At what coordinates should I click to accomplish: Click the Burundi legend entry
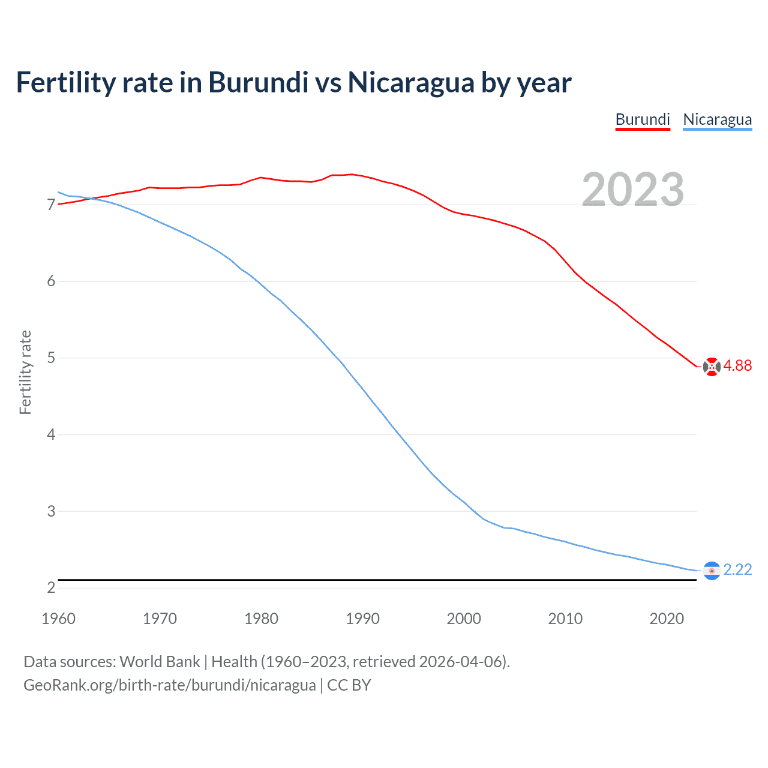click(x=643, y=119)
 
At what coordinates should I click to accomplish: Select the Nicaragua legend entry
click(x=717, y=119)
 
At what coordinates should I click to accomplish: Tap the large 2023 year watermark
click(x=633, y=190)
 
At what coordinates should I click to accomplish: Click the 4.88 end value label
click(x=737, y=365)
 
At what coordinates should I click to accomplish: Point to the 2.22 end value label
click(x=737, y=569)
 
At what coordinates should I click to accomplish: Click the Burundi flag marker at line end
click(x=712, y=366)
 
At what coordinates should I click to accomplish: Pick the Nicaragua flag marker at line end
click(x=712, y=571)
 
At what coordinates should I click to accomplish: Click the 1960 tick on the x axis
click(x=58, y=619)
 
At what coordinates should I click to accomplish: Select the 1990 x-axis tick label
click(x=362, y=619)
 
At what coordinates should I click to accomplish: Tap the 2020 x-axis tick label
click(x=667, y=619)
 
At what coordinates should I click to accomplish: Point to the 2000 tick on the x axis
click(x=464, y=619)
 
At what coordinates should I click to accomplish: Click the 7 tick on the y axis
click(x=51, y=205)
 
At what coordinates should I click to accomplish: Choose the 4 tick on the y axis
click(x=51, y=434)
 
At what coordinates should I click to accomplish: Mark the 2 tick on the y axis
click(x=51, y=587)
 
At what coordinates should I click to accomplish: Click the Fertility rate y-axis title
click(x=25, y=372)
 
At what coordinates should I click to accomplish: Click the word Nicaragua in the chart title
click(x=411, y=82)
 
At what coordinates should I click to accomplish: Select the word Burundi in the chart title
click(x=258, y=82)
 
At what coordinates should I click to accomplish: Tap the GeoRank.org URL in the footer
click(x=169, y=685)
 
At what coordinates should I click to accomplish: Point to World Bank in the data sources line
click(x=160, y=662)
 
